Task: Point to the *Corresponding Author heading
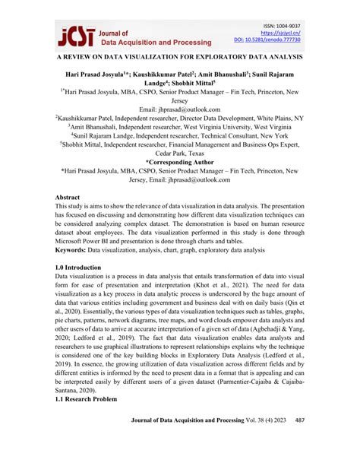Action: point(179,163)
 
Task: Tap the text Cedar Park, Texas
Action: point(180,152)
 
